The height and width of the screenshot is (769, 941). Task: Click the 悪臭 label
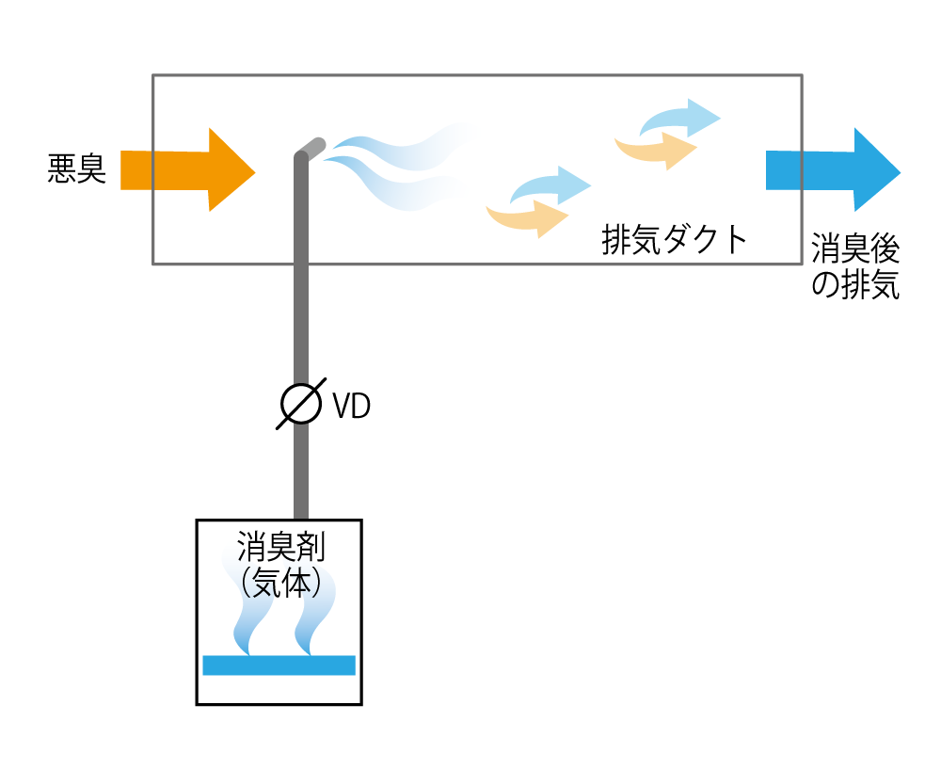76,170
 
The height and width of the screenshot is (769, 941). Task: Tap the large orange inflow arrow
188,170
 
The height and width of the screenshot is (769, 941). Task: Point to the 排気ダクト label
674,240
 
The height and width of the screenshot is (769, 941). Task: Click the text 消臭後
855,251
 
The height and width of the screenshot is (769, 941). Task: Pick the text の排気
855,285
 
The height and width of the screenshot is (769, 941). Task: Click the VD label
351,407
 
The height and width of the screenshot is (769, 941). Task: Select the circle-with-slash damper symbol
301,405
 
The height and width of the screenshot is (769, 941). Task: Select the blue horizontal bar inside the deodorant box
279,665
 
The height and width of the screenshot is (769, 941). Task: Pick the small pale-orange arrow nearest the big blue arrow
659,150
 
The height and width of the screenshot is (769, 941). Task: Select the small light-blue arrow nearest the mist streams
550,184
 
